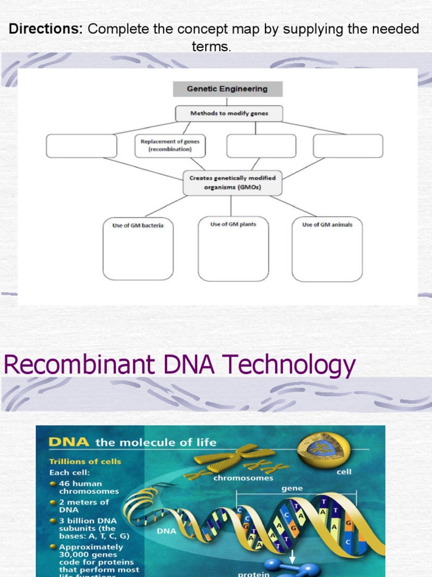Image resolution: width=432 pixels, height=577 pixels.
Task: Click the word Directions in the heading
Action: [x=46, y=29]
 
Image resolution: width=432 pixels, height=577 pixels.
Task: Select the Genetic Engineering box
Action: [x=227, y=89]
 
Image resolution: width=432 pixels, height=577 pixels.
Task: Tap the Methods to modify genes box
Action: [x=229, y=113]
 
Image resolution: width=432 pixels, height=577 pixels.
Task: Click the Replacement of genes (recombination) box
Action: [x=169, y=146]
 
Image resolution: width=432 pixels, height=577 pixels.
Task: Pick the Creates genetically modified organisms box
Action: [x=232, y=183]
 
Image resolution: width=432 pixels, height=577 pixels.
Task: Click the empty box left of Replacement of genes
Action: [x=82, y=146]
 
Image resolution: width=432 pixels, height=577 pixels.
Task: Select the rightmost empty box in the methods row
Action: [x=348, y=146]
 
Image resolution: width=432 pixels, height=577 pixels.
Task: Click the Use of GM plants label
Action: [x=233, y=224]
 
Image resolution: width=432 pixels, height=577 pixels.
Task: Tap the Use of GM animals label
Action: [x=327, y=225]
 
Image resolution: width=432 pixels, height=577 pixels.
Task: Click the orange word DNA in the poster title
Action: [x=69, y=442]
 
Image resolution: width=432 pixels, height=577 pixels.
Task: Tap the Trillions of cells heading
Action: [x=85, y=461]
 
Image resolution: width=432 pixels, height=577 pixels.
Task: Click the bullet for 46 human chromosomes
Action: [x=52, y=483]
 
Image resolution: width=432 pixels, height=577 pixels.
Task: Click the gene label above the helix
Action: [x=292, y=489]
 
